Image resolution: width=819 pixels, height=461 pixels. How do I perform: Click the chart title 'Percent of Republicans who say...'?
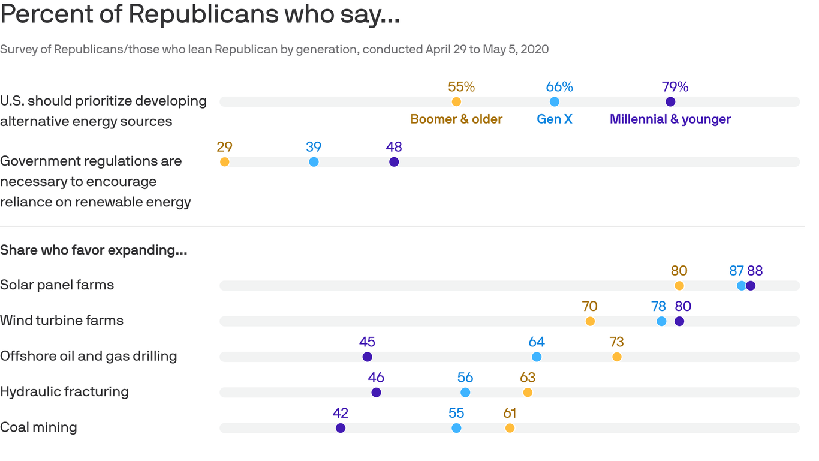point(200,14)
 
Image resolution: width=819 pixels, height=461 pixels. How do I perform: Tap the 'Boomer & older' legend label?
point(456,119)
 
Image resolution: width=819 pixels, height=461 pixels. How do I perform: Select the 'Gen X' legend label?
point(554,119)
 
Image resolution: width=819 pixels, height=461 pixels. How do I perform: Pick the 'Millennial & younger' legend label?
point(670,119)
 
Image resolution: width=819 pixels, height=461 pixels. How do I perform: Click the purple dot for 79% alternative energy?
point(670,102)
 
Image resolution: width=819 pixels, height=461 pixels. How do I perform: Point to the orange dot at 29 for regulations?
point(224,162)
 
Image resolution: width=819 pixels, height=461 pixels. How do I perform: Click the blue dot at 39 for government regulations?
point(314,162)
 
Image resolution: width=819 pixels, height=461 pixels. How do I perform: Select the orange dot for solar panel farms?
point(679,286)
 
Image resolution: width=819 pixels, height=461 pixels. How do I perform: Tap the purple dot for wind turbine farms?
point(679,321)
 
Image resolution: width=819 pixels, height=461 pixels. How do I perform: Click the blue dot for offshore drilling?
point(537,357)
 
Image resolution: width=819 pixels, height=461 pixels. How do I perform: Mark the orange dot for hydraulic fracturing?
point(528,393)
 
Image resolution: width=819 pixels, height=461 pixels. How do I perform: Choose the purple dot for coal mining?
point(341,428)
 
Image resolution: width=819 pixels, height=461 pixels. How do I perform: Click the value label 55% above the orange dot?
point(461,87)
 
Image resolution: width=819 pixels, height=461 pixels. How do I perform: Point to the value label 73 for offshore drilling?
point(616,342)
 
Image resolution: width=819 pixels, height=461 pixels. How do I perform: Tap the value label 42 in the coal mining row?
point(341,413)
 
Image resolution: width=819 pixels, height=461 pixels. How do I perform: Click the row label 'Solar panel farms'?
point(57,285)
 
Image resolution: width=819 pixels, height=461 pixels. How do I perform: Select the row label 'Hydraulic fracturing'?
point(64,391)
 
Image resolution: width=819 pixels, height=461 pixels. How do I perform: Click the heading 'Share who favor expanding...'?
point(94,250)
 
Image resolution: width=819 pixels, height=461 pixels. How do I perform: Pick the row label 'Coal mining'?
point(38,427)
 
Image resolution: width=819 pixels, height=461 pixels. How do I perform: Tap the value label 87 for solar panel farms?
point(736,271)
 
